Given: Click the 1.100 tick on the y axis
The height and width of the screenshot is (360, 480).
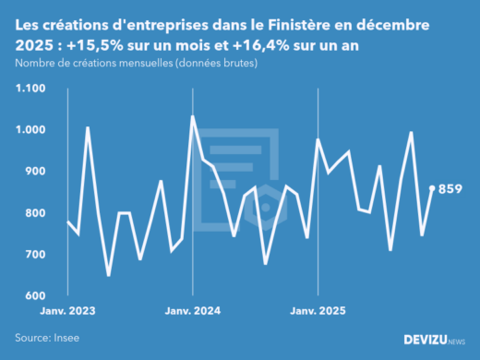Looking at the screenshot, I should tap(30, 89).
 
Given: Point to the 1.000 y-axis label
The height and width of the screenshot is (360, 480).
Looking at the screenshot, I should tap(30, 130).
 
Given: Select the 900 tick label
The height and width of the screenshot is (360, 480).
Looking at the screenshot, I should tap(35, 172).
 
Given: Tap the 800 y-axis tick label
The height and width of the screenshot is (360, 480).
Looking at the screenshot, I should tap(35, 213).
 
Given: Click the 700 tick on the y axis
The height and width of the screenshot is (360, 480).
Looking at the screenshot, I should tap(35, 255).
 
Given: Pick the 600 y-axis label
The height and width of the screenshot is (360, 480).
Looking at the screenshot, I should tap(35, 296).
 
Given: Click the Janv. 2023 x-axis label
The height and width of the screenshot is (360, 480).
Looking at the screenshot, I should tap(68, 312).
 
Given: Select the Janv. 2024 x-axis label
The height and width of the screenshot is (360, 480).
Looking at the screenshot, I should tap(192, 312).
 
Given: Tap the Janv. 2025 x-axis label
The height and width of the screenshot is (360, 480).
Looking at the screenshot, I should tap(317, 312).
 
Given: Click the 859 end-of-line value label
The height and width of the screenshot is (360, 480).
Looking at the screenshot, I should tap(450, 189).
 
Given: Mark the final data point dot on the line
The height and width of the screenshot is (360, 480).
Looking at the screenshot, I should tap(433, 188).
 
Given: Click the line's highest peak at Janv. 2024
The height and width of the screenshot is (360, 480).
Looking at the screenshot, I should tap(192, 116).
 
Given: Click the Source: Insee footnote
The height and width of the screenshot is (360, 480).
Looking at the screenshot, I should tap(45, 339).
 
